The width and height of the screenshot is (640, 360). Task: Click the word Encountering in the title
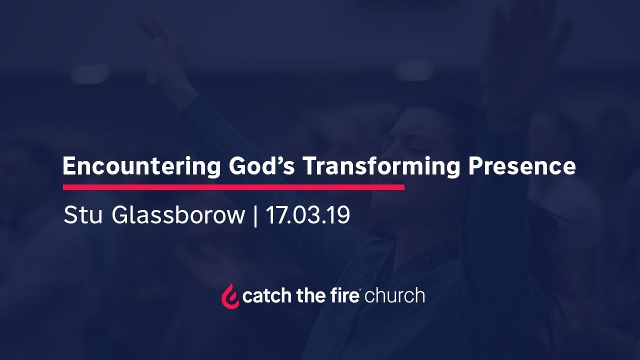tap(141, 166)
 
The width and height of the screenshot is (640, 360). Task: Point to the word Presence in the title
tap(522, 166)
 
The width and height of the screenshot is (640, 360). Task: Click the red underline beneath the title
tap(233, 187)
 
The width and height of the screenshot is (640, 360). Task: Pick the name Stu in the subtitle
tap(84, 215)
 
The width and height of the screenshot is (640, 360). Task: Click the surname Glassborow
tap(179, 215)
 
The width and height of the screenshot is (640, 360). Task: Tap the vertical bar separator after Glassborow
tap(255, 216)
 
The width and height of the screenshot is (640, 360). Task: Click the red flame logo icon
tap(230, 296)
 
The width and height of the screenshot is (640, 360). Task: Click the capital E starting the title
tap(69, 166)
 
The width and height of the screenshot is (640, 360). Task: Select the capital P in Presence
tap(475, 166)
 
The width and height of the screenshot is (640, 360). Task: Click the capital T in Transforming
tap(310, 166)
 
